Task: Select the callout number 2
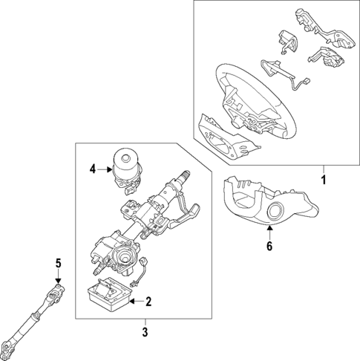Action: tap(149, 302)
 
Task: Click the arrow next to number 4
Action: tap(104, 170)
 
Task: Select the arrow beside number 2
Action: tap(135, 302)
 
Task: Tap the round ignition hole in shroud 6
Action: tap(278, 212)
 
